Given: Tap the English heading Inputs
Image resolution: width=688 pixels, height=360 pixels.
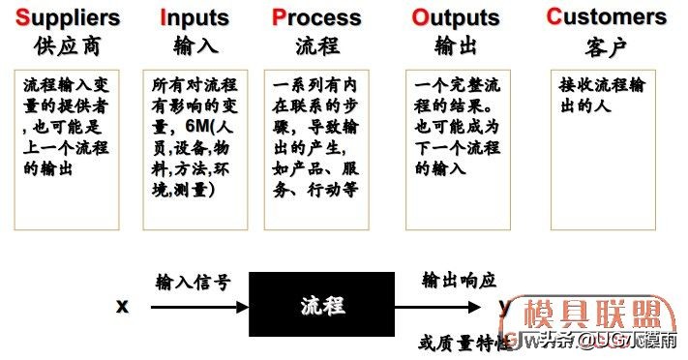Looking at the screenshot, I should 196,17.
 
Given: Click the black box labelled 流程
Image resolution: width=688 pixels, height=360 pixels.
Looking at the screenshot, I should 320,306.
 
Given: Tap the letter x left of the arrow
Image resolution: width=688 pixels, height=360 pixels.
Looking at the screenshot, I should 122,306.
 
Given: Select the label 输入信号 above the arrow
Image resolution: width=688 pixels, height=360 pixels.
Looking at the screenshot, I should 193,282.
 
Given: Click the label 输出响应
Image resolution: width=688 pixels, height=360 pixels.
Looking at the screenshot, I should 459,281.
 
